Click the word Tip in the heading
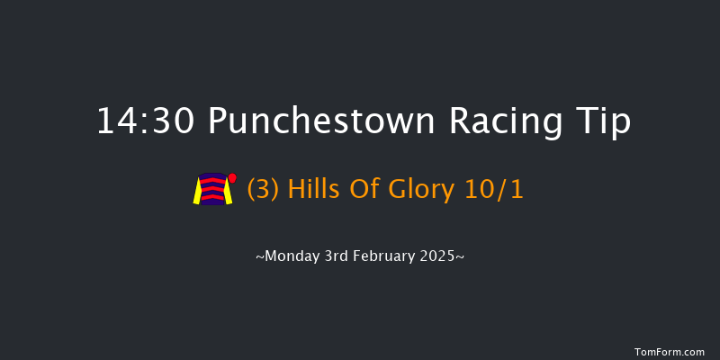coord(606,122)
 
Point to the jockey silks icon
coord(214,189)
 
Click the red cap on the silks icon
coord(232,177)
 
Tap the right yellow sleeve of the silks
coord(228,192)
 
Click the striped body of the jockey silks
coord(212,190)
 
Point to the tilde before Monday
coord(260,257)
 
